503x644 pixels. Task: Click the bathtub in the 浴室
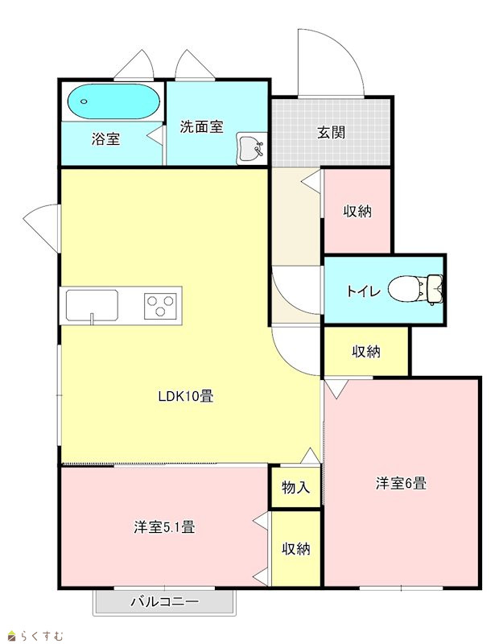click(x=113, y=101)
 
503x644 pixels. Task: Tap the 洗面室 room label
click(x=201, y=127)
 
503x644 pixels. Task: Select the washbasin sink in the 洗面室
click(x=250, y=147)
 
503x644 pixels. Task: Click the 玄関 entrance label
click(x=331, y=132)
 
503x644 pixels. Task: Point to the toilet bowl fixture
click(x=415, y=289)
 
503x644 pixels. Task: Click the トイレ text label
click(x=364, y=291)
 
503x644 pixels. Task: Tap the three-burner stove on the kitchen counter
click(x=160, y=306)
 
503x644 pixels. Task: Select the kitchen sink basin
click(x=92, y=306)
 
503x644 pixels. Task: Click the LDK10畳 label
click(x=186, y=396)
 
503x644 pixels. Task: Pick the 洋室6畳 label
click(x=401, y=483)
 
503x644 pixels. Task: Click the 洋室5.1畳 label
click(x=164, y=527)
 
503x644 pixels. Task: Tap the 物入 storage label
click(x=295, y=488)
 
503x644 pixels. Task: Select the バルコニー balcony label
click(x=165, y=602)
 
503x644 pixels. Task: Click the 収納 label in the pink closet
click(x=357, y=211)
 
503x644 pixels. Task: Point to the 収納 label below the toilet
click(x=366, y=352)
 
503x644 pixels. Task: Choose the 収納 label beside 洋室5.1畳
click(x=295, y=549)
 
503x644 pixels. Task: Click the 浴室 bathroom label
click(x=105, y=139)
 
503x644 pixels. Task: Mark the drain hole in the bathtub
click(x=84, y=101)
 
